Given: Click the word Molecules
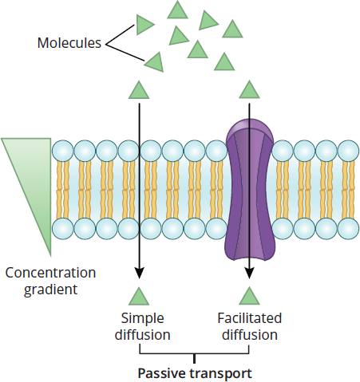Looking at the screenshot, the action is (69, 42).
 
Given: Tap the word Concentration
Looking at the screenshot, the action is (50, 273).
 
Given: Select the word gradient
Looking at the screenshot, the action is (50, 289).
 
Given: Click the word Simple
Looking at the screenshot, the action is (142, 319).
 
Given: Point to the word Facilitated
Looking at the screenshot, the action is (250, 318).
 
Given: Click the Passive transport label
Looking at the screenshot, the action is (195, 373).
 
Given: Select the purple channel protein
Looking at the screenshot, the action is (250, 191).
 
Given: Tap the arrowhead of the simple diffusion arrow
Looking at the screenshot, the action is (139, 274).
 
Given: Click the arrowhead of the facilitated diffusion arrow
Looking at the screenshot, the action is (249, 274).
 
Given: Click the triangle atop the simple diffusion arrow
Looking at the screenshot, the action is (139, 91).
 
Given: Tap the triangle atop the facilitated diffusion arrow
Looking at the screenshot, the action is (249, 91).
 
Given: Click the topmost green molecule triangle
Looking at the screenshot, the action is (177, 11).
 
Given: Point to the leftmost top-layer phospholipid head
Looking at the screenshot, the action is (63, 151).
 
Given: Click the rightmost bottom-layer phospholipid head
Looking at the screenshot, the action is (348, 229).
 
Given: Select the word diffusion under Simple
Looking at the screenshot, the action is (142, 334).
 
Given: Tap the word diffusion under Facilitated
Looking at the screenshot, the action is (250, 334).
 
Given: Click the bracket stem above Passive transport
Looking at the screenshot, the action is (195, 359).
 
